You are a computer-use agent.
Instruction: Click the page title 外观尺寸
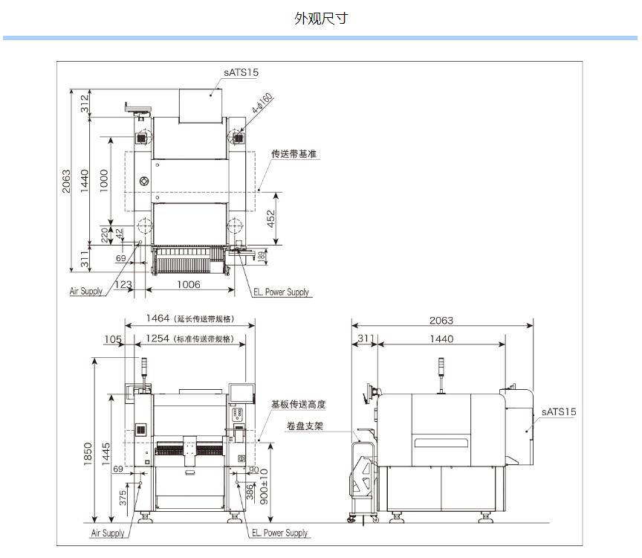point(320,19)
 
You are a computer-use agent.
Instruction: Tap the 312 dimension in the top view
point(85,103)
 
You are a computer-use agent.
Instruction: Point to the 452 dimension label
point(271,219)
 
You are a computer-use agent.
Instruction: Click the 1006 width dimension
point(188,284)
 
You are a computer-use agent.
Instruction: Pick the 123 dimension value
point(123,284)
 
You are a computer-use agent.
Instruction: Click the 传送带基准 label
point(294,154)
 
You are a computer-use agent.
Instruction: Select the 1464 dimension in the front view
point(157,318)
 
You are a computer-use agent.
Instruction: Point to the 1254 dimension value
point(157,339)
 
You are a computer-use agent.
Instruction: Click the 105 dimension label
point(112,339)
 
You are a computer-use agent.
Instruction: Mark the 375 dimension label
point(123,497)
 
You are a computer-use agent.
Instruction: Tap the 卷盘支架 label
point(304,426)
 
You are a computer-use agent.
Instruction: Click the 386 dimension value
point(250,491)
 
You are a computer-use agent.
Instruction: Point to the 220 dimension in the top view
point(106,236)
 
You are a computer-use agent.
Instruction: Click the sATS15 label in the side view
point(558,411)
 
